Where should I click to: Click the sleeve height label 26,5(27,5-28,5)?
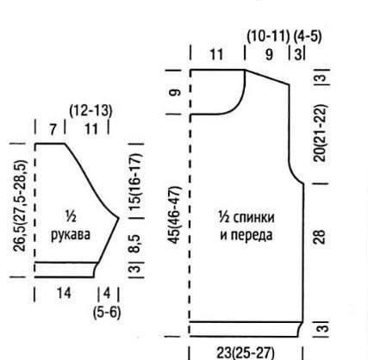(20, 206)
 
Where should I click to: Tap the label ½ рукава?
(71, 226)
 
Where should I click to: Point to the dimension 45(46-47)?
(175, 215)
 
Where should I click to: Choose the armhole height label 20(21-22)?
(321, 133)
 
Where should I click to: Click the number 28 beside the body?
(320, 237)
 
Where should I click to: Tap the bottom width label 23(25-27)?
(245, 352)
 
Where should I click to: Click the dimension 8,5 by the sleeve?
(135, 244)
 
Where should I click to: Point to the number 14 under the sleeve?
(64, 294)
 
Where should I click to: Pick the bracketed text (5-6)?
(107, 313)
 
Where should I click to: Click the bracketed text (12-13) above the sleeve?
(90, 111)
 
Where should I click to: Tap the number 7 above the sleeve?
(53, 130)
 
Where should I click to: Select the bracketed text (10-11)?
(268, 36)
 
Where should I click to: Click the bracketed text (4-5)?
(308, 36)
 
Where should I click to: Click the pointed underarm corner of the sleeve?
(119, 219)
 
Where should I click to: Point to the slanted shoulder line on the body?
(267, 78)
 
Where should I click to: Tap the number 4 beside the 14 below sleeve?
(107, 294)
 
